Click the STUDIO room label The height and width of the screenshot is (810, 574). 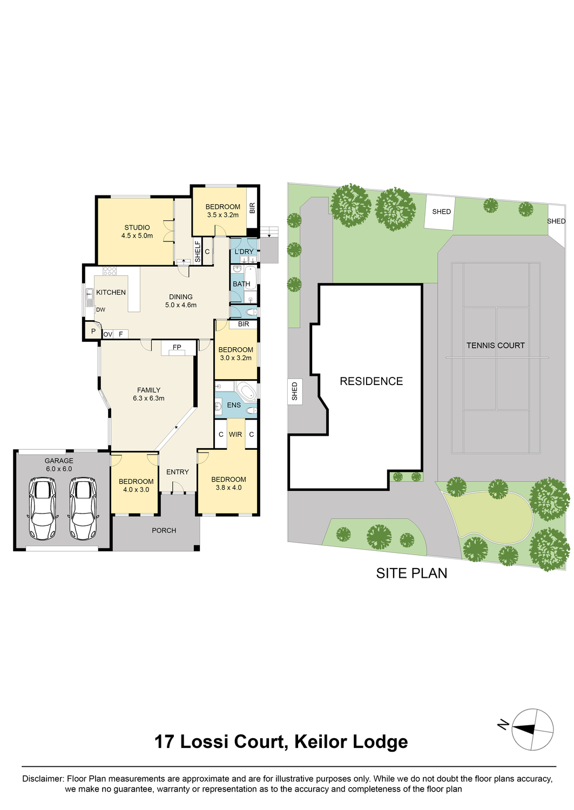pos(137,227)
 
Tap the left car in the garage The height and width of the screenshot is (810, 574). pos(42,508)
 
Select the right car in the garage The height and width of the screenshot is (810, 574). pos(83,508)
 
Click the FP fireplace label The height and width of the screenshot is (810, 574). pos(177,347)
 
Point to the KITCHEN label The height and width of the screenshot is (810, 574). pos(111,292)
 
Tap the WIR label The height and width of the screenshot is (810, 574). pos(235,435)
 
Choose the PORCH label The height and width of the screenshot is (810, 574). pos(164,530)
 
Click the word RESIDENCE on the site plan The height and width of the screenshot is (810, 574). pos(371,381)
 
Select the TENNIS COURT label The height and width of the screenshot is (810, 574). pos(495,346)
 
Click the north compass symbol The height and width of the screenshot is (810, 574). pos(532,729)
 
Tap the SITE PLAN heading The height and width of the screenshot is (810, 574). pos(411,573)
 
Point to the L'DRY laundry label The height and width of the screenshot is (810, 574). pos(244,252)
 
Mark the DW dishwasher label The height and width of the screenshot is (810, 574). pos(100,310)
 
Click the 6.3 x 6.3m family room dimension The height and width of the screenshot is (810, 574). pos(148,399)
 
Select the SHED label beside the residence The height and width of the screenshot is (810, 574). pos(295,391)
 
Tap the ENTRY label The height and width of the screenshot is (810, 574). pos(177,472)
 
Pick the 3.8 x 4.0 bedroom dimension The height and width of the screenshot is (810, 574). pos(228,488)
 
